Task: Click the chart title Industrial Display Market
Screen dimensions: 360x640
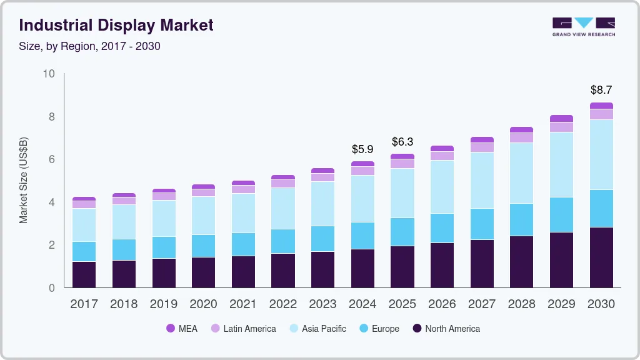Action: tap(116, 25)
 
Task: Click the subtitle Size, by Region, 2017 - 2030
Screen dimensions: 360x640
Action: tap(90, 46)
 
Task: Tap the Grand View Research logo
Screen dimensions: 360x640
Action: tap(583, 26)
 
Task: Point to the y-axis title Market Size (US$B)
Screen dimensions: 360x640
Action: tap(24, 179)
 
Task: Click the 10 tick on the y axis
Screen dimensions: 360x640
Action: tap(49, 74)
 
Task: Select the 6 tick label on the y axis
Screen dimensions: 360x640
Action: tap(52, 159)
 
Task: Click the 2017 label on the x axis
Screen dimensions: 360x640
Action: tap(84, 304)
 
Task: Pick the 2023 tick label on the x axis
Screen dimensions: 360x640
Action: tap(323, 304)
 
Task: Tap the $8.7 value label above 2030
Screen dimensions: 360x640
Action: tap(601, 90)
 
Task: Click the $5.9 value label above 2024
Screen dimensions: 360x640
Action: tap(362, 149)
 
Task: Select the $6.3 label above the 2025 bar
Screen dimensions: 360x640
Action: tap(402, 142)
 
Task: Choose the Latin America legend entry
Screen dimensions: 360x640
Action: tap(243, 328)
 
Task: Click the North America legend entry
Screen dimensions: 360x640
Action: tap(446, 328)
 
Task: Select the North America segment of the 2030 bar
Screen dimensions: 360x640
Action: tap(601, 257)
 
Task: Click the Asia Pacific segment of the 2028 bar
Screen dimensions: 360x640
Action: tap(521, 173)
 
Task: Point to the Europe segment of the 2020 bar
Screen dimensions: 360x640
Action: tap(203, 246)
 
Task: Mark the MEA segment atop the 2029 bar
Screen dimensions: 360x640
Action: tap(561, 118)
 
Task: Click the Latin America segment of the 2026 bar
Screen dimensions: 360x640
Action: tap(442, 156)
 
